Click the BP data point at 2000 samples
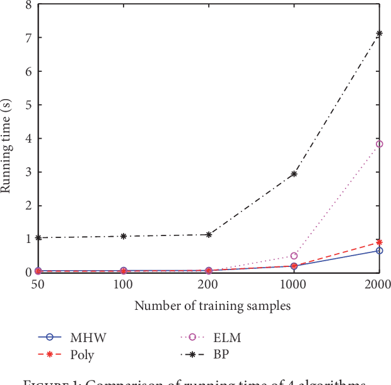pos(379,33)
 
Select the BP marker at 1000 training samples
pos(294,174)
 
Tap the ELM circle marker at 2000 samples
pos(379,144)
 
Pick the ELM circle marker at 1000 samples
pos(294,256)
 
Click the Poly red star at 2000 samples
pos(379,242)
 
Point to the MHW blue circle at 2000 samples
pos(379,251)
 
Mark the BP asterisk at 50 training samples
pos(38,238)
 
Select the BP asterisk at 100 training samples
pos(124,236)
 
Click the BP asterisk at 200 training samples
pos(209,235)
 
